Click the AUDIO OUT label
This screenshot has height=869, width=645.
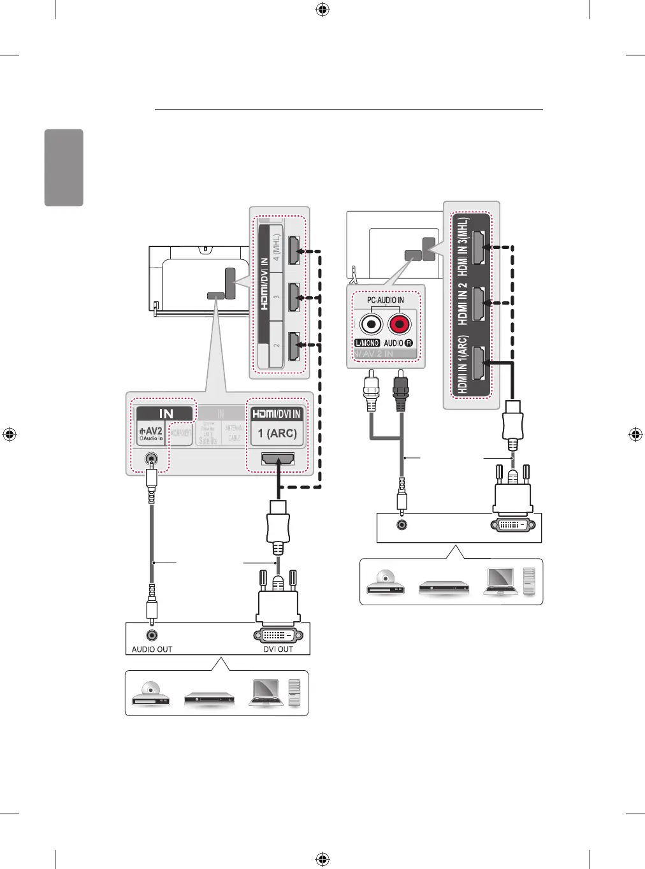tap(152, 649)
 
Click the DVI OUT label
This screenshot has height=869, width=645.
tap(278, 649)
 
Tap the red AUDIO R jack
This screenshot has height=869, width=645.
tap(400, 325)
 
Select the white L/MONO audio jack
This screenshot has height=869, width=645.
tap(371, 325)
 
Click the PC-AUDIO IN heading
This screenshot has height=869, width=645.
tap(385, 300)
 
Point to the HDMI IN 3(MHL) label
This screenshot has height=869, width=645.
tap(463, 247)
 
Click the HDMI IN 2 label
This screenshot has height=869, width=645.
tap(463, 304)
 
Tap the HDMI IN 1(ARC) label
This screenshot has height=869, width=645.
tap(463, 364)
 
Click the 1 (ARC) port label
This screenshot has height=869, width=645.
tap(277, 433)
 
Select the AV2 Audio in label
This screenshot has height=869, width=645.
tap(151, 434)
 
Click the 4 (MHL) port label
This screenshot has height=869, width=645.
tap(277, 248)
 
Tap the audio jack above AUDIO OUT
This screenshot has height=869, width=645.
tap(152, 635)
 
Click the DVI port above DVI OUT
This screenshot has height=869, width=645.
tap(278, 635)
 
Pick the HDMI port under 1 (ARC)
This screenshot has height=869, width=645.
tap(278, 459)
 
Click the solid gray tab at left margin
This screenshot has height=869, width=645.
tap(64, 168)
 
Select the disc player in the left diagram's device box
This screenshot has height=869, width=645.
tap(151, 694)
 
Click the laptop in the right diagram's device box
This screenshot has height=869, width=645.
tap(500, 581)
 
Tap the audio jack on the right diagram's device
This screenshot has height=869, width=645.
tap(402, 525)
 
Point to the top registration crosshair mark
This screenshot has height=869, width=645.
tap(322, 10)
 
